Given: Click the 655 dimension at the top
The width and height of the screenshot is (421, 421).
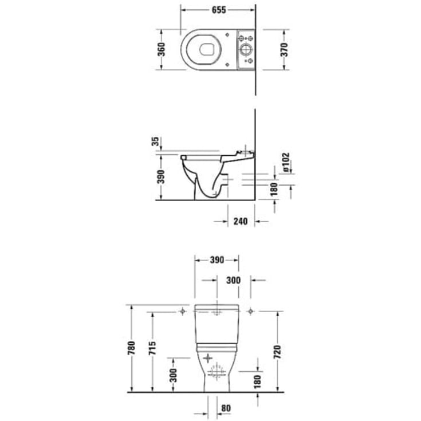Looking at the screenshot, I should pyautogui.click(x=218, y=10).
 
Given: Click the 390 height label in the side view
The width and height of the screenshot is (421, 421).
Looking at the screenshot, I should pyautogui.click(x=162, y=177).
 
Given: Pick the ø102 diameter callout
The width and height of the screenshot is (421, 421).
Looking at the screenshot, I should pyautogui.click(x=286, y=162).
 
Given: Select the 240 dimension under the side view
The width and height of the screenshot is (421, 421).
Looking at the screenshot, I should pyautogui.click(x=240, y=221).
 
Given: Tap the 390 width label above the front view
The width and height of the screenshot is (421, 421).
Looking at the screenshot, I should pyautogui.click(x=216, y=260).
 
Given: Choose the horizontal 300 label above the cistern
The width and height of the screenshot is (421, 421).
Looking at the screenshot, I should pyautogui.click(x=234, y=280).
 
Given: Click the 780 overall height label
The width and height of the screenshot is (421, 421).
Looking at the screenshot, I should pyautogui.click(x=132, y=348).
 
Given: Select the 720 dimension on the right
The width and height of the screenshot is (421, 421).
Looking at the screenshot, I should pyautogui.click(x=278, y=351).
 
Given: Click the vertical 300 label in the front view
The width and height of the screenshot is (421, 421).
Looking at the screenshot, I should pyautogui.click(x=174, y=375).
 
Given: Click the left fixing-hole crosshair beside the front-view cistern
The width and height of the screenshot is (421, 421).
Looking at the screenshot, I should pyautogui.click(x=182, y=312).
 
